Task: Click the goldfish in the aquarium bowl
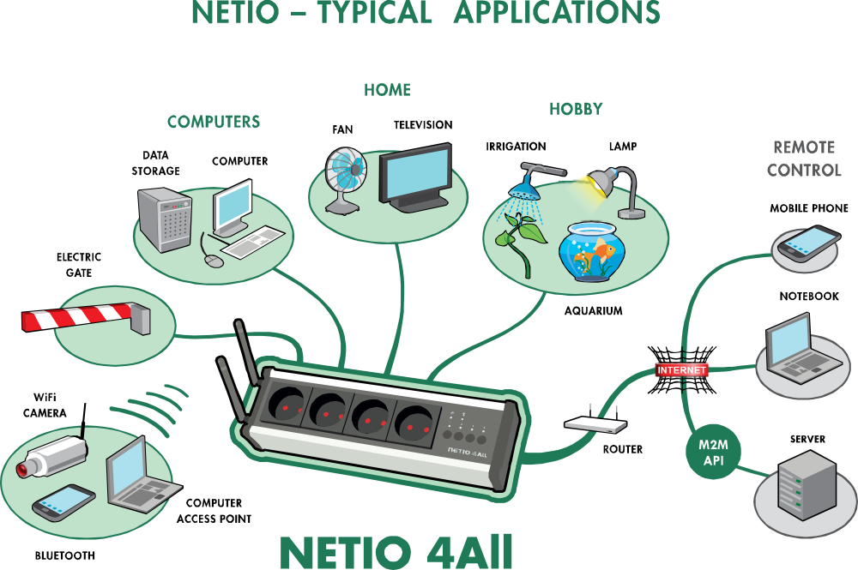click(605, 252)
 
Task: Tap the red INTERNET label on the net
click(681, 370)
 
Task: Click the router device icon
click(595, 423)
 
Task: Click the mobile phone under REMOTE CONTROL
click(807, 243)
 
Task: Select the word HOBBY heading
click(576, 110)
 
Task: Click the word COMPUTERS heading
click(214, 122)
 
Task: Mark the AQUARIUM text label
click(593, 310)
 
